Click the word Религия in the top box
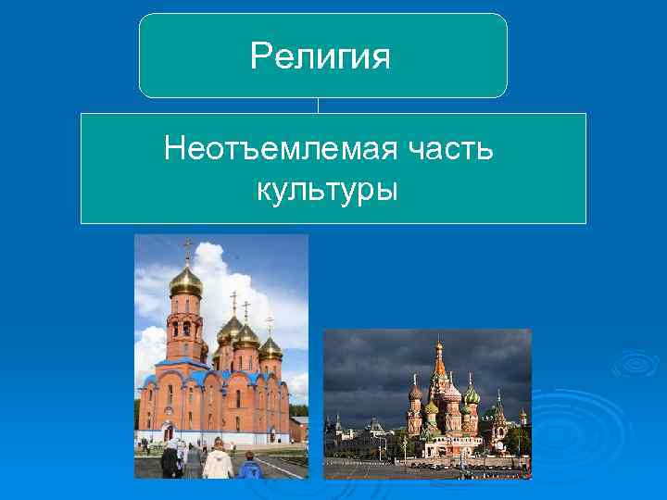[321, 58]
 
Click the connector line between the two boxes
[319, 106]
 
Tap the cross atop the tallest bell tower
[186, 247]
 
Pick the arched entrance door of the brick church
[169, 431]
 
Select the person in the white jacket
[218, 460]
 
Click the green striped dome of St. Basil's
[472, 395]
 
